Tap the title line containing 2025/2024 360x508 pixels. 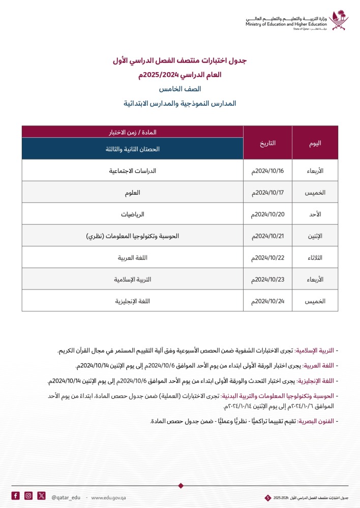click(x=180, y=75)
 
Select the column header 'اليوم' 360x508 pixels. click(x=315, y=143)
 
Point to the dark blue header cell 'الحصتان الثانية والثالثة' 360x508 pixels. click(x=132, y=149)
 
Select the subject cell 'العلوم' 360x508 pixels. click(x=132, y=193)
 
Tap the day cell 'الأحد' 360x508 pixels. click(x=315, y=214)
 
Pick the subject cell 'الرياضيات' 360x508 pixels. click(x=132, y=214)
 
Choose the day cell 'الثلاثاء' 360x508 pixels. click(x=315, y=258)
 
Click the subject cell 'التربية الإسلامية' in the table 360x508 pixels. click(x=132, y=280)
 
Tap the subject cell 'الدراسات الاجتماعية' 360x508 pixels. click(x=132, y=171)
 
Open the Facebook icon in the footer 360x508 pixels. click(x=16, y=496)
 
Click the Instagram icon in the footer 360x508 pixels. click(x=28, y=496)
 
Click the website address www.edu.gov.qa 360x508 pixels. click(x=108, y=496)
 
